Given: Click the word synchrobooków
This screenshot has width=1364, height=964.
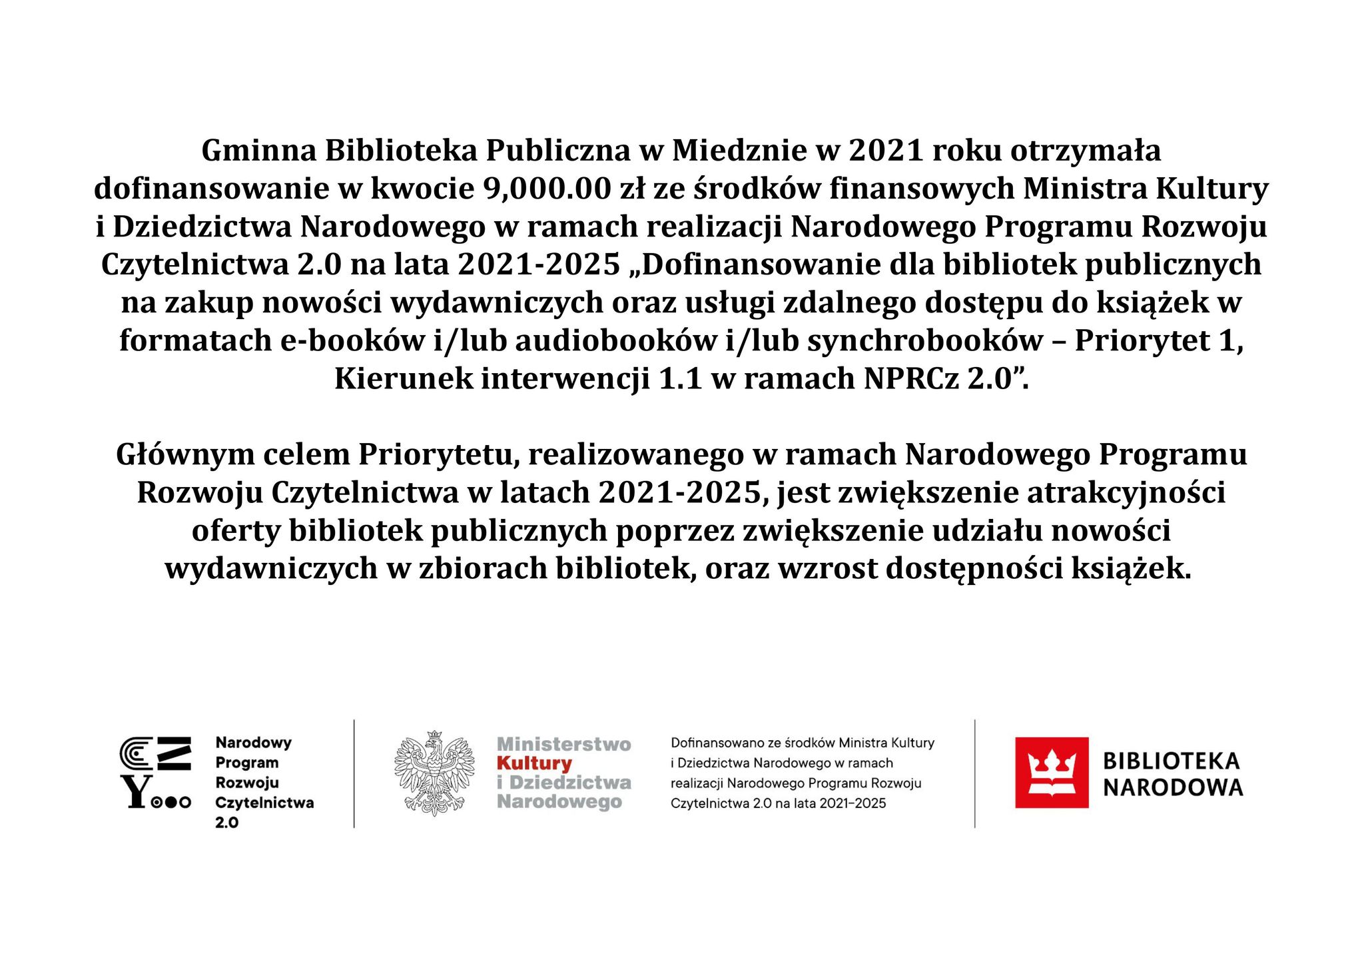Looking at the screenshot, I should tap(925, 341).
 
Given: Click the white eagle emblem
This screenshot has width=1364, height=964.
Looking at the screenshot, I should tap(434, 773).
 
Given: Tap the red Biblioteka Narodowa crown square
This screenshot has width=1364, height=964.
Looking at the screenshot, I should tap(1051, 773).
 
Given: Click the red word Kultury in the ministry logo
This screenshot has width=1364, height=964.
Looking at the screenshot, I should tap(534, 763).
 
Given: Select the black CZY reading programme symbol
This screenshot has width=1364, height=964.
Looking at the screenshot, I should tap(155, 773).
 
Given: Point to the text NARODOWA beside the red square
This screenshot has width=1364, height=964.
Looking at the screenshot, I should tap(1172, 788).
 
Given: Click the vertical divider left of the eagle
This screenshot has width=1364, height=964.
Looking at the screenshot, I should tap(354, 773).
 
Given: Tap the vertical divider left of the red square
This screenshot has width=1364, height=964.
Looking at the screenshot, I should tap(974, 773).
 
